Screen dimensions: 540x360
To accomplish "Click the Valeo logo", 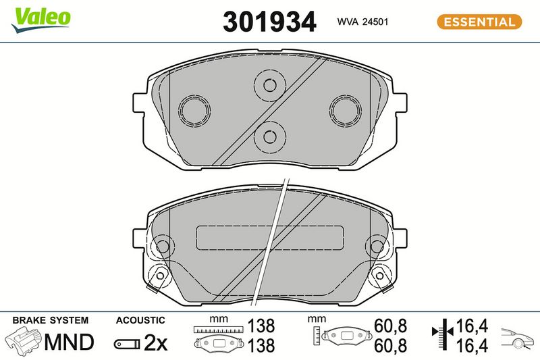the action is [x=40, y=20].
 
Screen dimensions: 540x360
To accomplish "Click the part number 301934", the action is [x=269, y=22].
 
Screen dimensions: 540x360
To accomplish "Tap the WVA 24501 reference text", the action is [x=362, y=22].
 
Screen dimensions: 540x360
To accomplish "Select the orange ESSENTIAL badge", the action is [x=479, y=22].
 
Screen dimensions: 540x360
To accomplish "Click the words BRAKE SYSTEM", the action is [x=51, y=320].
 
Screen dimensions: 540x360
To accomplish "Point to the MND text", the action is [x=70, y=342].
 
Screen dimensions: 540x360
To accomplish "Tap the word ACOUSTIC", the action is [x=140, y=320].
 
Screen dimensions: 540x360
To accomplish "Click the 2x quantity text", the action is [x=155, y=342].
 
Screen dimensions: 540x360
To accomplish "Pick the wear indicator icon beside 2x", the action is [x=127, y=344].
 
